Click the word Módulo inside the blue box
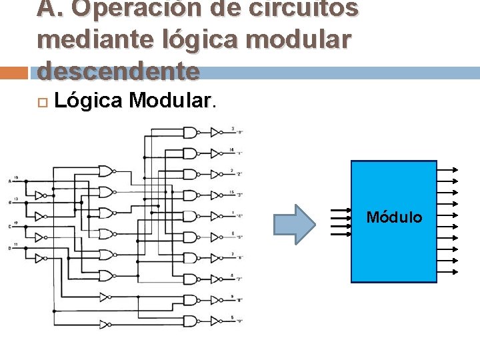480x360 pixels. [395, 217]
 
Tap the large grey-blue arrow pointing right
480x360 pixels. [295, 224]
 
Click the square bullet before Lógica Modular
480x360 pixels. [42, 101]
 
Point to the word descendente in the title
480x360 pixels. [119, 69]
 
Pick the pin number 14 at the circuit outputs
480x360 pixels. [231, 150]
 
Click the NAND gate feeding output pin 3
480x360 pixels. [190, 133]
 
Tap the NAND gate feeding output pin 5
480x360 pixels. [190, 321]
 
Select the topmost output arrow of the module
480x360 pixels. [447, 169]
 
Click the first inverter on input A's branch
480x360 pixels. [39, 195]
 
